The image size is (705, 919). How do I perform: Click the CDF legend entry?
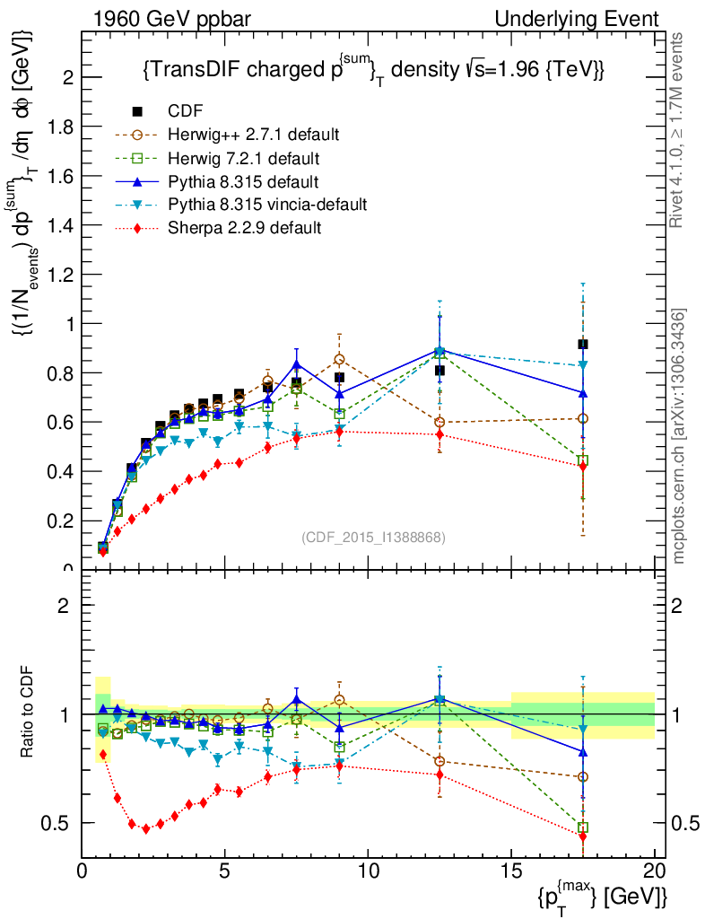click(x=186, y=111)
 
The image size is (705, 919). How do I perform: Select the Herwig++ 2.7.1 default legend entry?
click(x=253, y=135)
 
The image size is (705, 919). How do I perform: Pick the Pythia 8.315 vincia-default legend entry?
click(x=267, y=205)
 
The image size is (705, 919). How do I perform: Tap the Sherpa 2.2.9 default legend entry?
click(x=245, y=228)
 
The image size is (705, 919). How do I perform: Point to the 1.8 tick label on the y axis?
click(x=59, y=127)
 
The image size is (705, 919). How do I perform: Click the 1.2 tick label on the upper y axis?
click(x=59, y=275)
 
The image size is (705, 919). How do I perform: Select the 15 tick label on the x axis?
click(x=511, y=871)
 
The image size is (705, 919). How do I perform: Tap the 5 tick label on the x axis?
click(x=225, y=871)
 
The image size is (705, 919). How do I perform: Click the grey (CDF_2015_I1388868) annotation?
click(x=373, y=537)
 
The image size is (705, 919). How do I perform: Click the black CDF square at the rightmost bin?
click(x=583, y=345)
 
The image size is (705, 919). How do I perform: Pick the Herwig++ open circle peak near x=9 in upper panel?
click(x=339, y=360)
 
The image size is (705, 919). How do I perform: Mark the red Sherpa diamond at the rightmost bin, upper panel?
click(x=583, y=466)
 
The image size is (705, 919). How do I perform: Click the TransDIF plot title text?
click(x=373, y=70)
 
